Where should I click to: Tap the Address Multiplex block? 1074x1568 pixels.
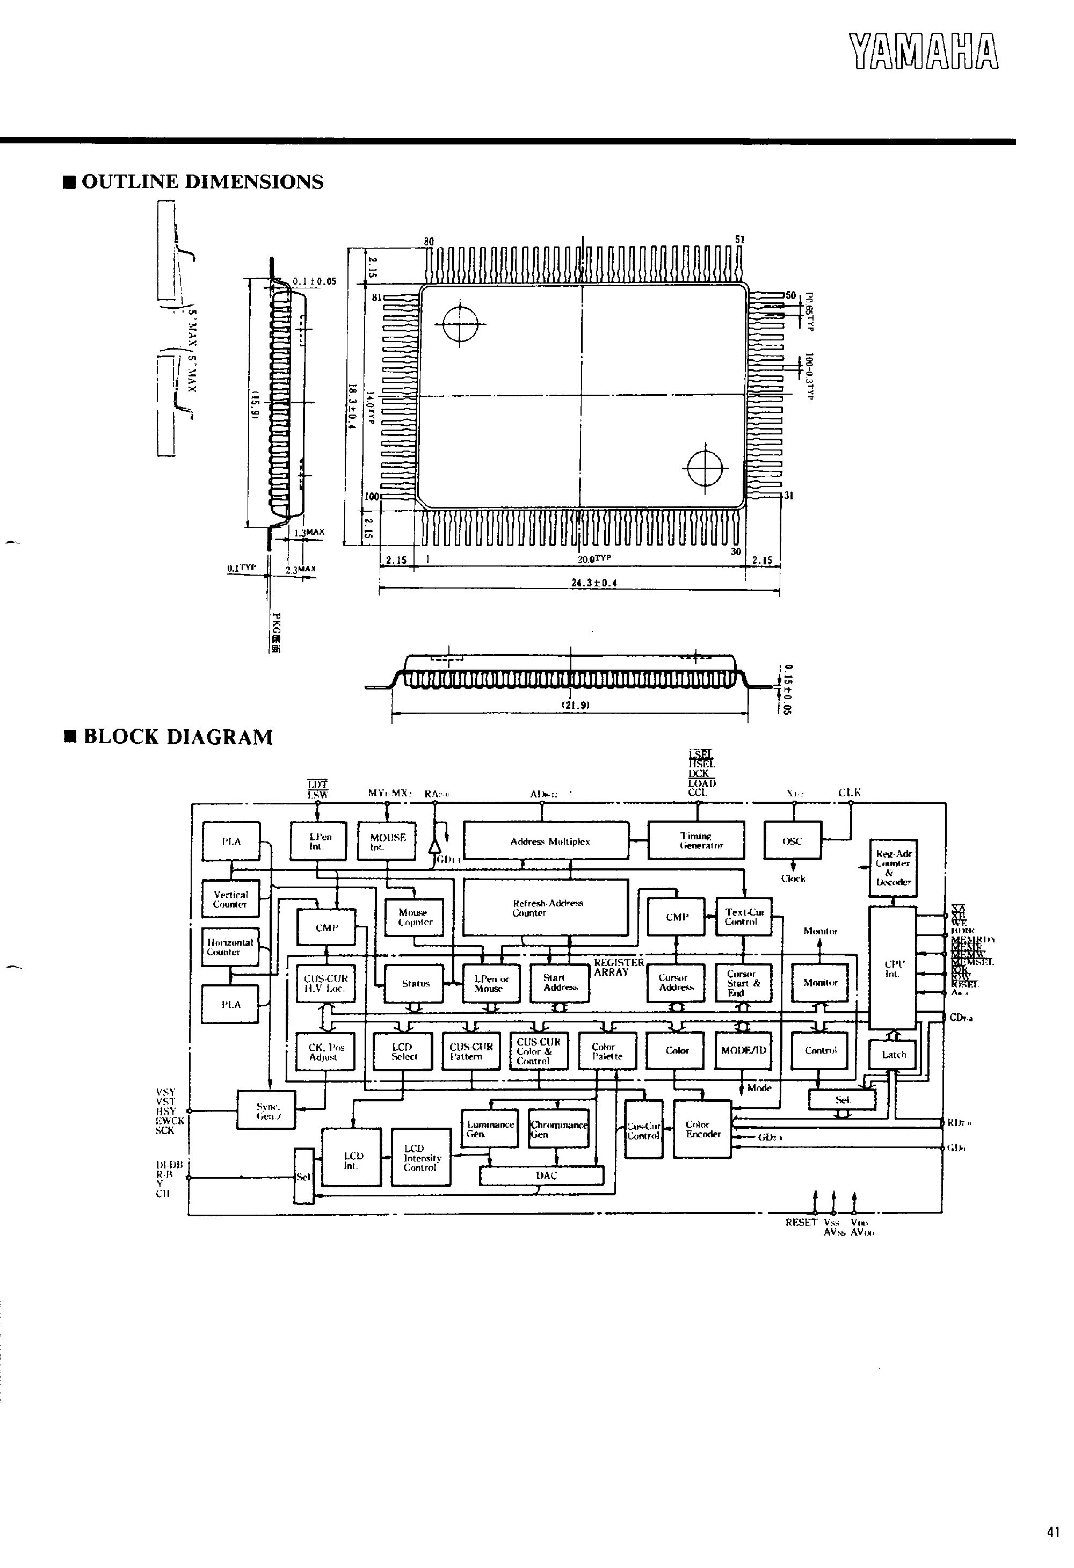pyautogui.click(x=547, y=841)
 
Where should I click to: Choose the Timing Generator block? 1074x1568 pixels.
pyautogui.click(x=696, y=841)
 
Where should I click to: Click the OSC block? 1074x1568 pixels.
pyautogui.click(x=792, y=841)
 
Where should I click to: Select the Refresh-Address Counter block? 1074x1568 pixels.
pyautogui.click(x=545, y=908)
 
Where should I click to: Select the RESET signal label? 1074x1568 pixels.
pyautogui.click(x=801, y=1222)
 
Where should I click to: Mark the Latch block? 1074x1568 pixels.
pyautogui.click(x=893, y=1055)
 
